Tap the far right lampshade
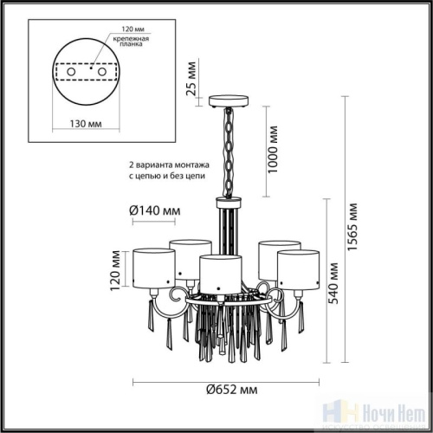(x=299, y=267)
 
